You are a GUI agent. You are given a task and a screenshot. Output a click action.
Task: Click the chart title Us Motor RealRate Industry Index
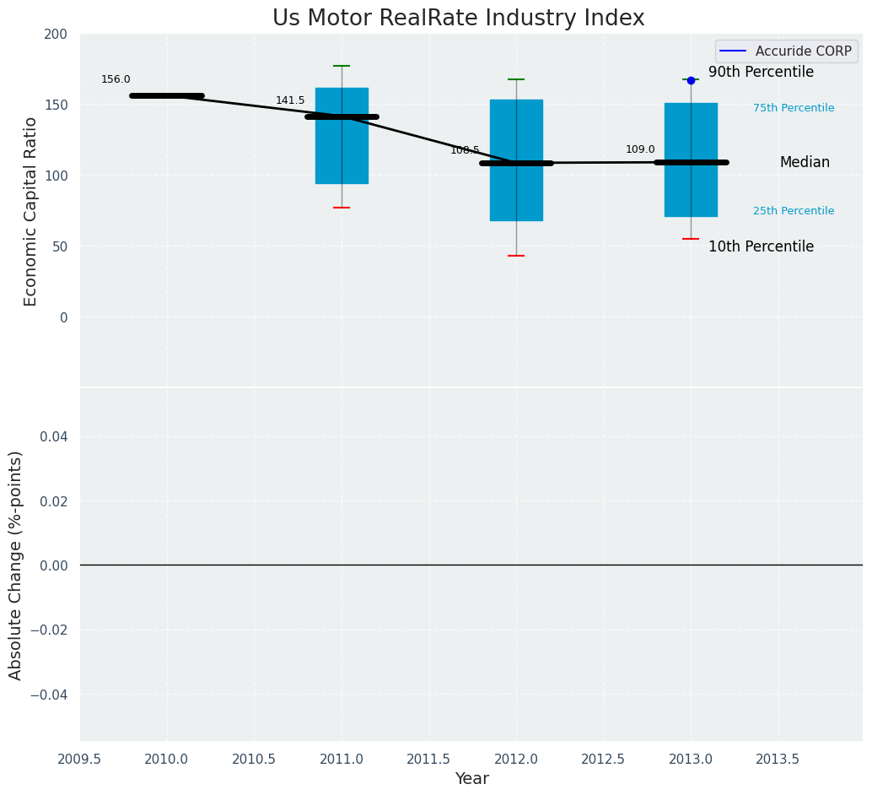(458, 19)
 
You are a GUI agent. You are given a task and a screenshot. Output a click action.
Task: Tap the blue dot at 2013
(691, 80)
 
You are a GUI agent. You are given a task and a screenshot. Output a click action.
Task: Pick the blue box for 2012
(516, 194)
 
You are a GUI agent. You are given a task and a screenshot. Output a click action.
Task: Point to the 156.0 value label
(116, 79)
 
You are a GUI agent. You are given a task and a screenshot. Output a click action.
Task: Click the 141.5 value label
(290, 100)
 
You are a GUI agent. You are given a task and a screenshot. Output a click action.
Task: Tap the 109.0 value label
(640, 149)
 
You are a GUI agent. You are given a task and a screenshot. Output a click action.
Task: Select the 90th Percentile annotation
(761, 73)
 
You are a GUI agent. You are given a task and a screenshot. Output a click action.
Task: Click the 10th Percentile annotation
(761, 247)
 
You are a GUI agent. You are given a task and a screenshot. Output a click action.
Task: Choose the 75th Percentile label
(794, 108)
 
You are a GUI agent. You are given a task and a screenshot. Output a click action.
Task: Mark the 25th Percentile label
(794, 211)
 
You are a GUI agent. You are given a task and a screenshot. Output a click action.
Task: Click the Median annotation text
(805, 163)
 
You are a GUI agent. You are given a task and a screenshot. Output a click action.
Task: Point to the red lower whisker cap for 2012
(516, 256)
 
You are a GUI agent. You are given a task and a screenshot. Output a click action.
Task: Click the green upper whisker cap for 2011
(342, 66)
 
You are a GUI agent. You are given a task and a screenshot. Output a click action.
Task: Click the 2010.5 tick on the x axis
(254, 759)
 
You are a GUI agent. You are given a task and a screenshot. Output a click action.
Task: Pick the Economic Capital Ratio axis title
(30, 211)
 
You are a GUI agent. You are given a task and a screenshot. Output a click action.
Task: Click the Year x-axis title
(471, 779)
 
